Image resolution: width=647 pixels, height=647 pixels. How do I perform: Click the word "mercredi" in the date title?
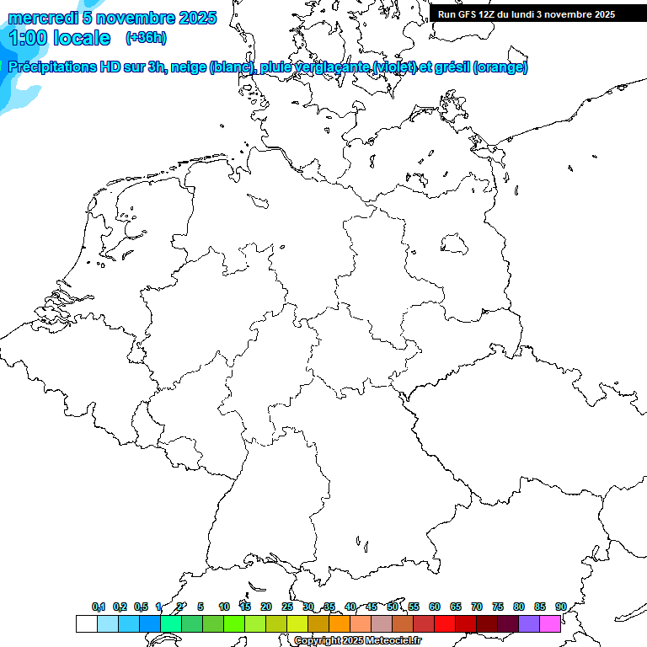pyautogui.click(x=42, y=18)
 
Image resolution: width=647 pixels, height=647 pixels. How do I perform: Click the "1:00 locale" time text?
pyautogui.click(x=59, y=38)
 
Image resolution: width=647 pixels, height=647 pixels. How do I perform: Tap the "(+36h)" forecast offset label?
pyautogui.click(x=145, y=38)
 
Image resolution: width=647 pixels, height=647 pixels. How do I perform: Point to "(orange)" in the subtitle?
pyautogui.click(x=500, y=67)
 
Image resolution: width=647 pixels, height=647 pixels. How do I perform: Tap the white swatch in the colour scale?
pyautogui.click(x=86, y=624)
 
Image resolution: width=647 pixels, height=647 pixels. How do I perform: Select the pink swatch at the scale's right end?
pyautogui.click(x=550, y=624)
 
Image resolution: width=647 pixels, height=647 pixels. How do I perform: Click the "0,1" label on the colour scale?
pyautogui.click(x=98, y=607)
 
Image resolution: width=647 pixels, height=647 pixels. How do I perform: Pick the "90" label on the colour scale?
pyautogui.click(x=560, y=607)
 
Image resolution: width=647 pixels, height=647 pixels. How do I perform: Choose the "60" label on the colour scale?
pyautogui.click(x=435, y=607)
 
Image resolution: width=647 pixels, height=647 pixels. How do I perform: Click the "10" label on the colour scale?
pyautogui.click(x=223, y=607)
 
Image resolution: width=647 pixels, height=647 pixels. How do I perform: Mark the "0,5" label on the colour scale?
pyautogui.click(x=141, y=607)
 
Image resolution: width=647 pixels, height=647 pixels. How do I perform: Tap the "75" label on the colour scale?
pyautogui.click(x=498, y=607)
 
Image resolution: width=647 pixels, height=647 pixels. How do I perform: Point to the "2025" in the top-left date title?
pyautogui.click(x=197, y=18)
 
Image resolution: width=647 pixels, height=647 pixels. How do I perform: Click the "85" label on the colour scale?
pyautogui.click(x=540, y=607)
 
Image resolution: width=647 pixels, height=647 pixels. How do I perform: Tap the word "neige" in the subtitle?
pyautogui.click(x=188, y=67)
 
